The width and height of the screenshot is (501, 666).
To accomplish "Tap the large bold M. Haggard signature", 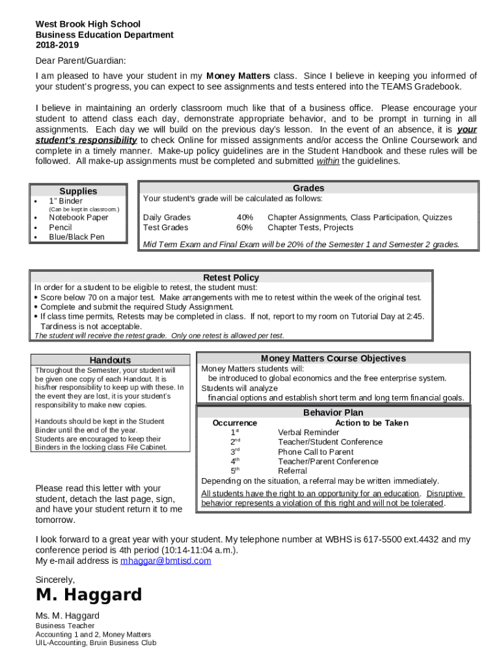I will [88, 595].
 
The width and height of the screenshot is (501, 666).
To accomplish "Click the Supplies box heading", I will [78, 191].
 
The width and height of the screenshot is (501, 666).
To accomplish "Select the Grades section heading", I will [308, 188].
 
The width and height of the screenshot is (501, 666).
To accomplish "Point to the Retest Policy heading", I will [231, 278].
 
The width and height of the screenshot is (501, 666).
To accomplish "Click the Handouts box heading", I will [110, 360].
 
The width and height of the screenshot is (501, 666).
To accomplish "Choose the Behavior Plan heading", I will [333, 412].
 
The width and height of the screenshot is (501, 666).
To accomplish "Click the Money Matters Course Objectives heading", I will [333, 358].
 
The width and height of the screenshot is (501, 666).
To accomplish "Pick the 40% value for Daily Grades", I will [245, 217].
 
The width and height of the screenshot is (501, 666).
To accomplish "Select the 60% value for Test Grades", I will [245, 228].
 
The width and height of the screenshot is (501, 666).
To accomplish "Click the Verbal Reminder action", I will [308, 433].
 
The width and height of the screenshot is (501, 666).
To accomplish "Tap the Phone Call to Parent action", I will [316, 452].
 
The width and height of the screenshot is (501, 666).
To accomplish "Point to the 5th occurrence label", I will [235, 471].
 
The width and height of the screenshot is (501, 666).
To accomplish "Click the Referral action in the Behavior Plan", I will [292, 471].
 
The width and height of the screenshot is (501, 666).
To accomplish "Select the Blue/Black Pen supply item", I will [76, 237].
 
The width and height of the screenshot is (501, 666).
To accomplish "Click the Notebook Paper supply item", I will [79, 218].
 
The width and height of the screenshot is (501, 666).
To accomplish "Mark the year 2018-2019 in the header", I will [57, 45].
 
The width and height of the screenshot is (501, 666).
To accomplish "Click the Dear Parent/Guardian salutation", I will [81, 60].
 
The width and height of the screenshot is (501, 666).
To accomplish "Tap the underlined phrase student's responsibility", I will [86, 140].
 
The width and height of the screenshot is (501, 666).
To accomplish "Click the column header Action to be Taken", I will [372, 423].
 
